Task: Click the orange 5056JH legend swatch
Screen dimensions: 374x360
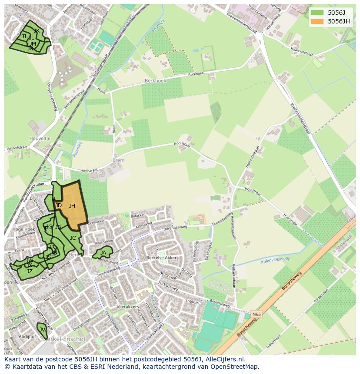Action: (x=317, y=21)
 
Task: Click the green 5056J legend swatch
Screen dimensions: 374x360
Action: (x=317, y=13)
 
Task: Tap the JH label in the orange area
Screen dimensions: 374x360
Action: (x=72, y=206)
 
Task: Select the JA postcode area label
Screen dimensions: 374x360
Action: (x=103, y=253)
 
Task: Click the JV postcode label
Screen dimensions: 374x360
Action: (x=42, y=330)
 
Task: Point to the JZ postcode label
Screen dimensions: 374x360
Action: (x=30, y=271)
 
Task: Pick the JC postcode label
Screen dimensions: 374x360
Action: (x=73, y=238)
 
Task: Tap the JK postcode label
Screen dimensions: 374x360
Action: (x=37, y=30)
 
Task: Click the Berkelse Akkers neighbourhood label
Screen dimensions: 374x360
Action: (x=162, y=258)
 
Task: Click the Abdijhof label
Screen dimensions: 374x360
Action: (x=27, y=336)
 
